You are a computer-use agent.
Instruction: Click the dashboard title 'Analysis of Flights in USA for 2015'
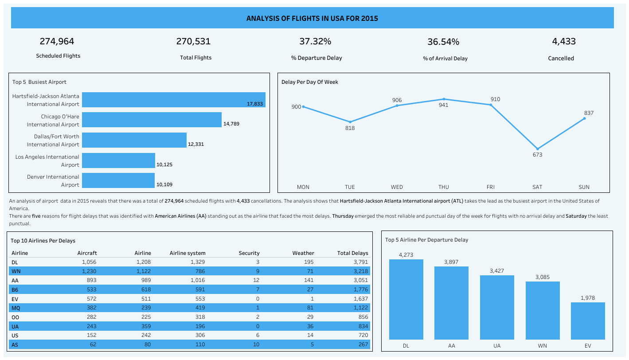point(312,19)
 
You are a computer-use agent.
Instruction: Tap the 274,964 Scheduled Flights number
point(57,42)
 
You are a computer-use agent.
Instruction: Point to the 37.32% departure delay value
point(315,42)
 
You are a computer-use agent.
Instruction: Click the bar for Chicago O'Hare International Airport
point(152,120)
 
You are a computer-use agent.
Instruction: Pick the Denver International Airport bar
point(118,180)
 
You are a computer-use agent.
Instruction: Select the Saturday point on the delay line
point(538,149)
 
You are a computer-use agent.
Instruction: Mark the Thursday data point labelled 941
point(444,99)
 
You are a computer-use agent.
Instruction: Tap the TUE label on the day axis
point(350,187)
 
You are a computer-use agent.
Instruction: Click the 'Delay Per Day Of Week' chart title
point(310,82)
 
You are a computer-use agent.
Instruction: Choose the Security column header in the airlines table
point(249,253)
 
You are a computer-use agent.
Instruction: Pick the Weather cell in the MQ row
point(309,308)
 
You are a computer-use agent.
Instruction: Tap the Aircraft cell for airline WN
point(86,271)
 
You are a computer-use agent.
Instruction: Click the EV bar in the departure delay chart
point(588,321)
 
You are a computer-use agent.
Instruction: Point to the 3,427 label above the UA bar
point(497,270)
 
